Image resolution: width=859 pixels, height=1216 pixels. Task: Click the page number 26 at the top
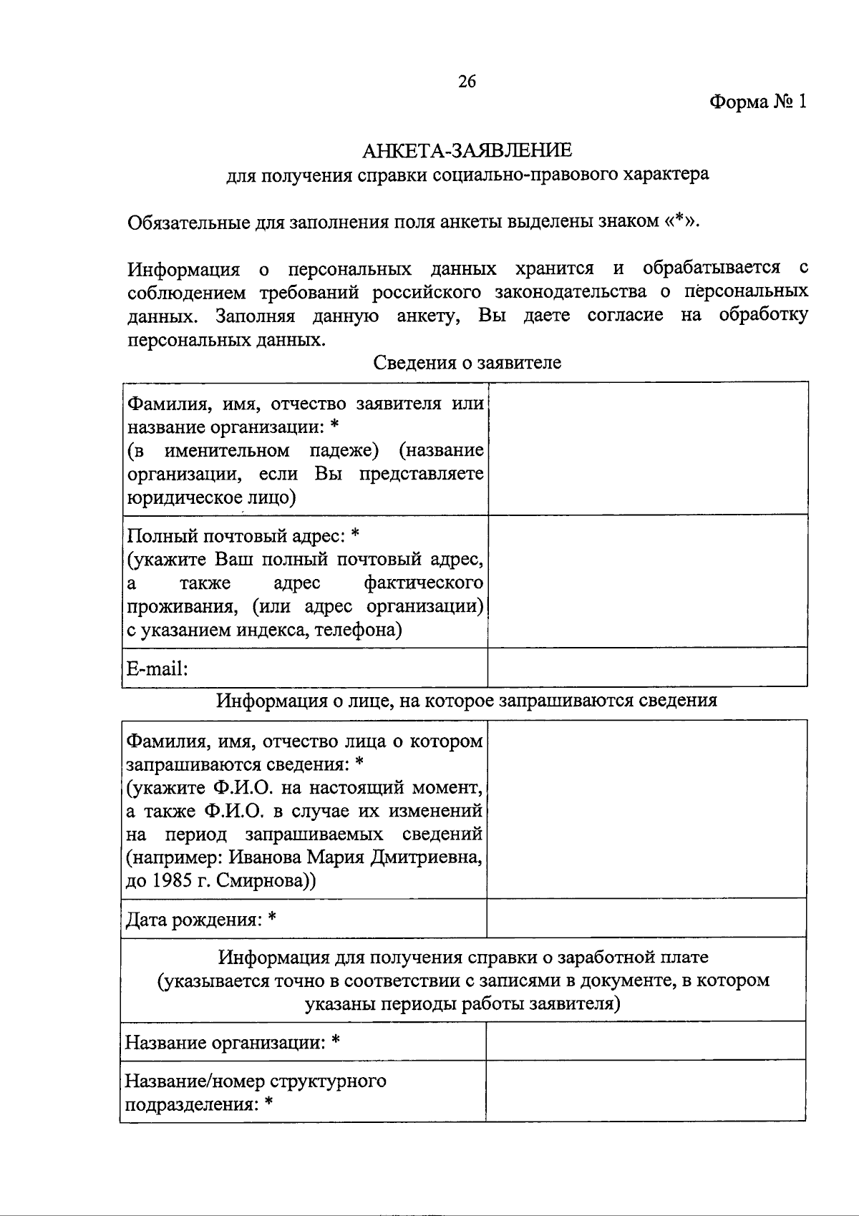467,82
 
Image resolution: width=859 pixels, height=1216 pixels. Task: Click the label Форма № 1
757,102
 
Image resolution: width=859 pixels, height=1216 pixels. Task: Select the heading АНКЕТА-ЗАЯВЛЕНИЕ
467,151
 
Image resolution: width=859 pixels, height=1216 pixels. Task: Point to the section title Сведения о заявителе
467,363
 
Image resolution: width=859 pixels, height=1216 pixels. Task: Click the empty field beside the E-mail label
647,668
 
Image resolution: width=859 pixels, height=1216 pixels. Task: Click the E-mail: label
157,668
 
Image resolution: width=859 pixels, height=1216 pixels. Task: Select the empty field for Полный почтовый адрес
647,581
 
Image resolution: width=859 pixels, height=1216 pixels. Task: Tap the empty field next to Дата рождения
646,918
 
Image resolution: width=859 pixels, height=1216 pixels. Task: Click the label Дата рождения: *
201,919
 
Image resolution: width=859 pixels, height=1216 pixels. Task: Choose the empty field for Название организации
646,1041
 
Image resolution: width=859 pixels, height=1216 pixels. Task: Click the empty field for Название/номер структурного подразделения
646,1091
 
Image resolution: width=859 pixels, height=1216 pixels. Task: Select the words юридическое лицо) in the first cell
212,497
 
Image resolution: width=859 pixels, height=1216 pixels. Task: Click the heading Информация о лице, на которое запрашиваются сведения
467,701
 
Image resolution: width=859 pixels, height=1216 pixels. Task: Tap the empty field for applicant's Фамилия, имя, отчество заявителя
647,448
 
